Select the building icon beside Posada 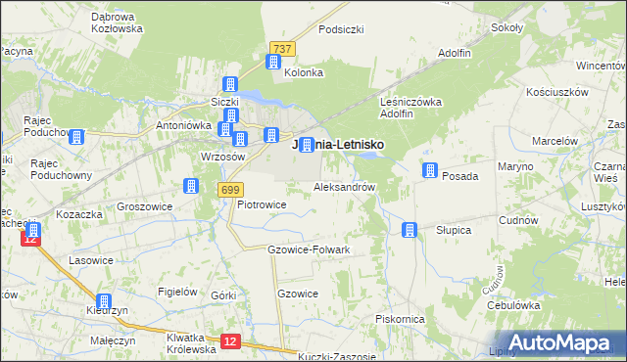(429, 171)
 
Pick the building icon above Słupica (410, 230)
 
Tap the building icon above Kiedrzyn (104, 302)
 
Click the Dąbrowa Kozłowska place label (117, 23)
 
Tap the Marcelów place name (555, 141)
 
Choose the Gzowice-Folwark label (309, 249)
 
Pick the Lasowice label (90, 261)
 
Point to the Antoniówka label (185, 126)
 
